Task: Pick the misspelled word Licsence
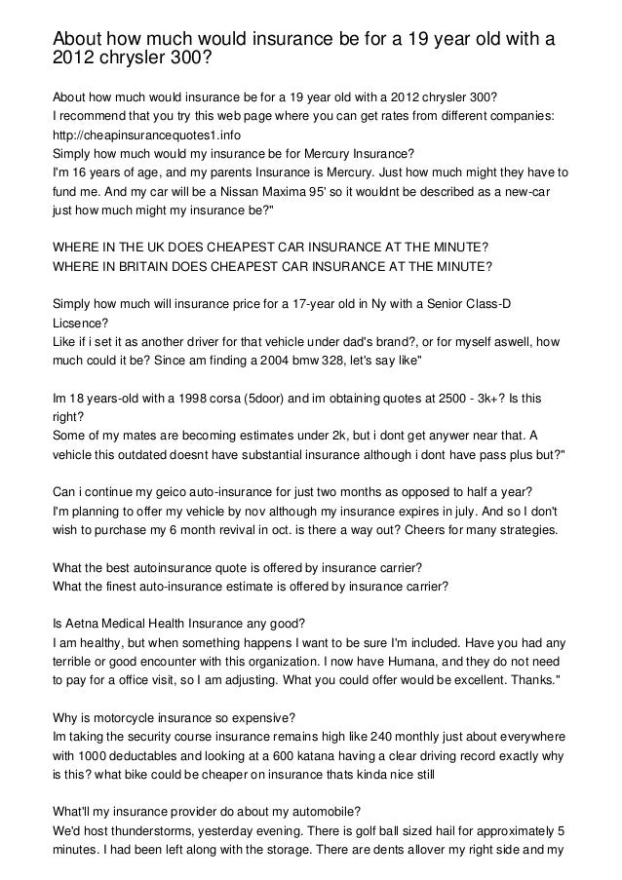pyautogui.click(x=80, y=323)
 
